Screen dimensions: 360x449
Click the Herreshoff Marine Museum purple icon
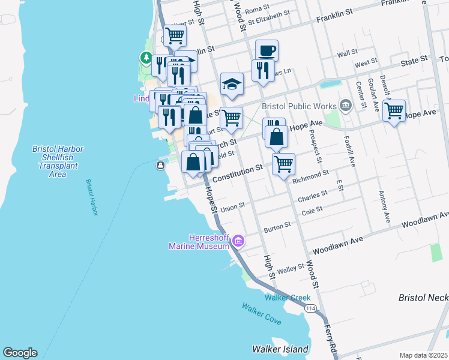[x=238, y=241]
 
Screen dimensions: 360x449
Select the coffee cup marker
[x=267, y=50]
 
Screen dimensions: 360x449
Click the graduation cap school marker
[x=231, y=84]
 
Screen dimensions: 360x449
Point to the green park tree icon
[x=145, y=58]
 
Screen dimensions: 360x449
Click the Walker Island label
[x=280, y=349]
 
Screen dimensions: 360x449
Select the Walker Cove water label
[x=261, y=314]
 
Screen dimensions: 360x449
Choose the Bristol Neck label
[x=423, y=298]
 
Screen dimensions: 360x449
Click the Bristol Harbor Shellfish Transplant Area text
[x=57, y=161]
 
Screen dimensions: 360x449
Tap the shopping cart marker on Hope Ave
[x=394, y=110]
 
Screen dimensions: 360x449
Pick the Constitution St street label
[x=238, y=173]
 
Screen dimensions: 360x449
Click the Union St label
[x=233, y=206]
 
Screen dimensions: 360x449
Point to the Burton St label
[x=278, y=227]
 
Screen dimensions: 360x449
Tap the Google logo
[x=20, y=353]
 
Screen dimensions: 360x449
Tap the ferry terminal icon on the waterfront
[x=161, y=166]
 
